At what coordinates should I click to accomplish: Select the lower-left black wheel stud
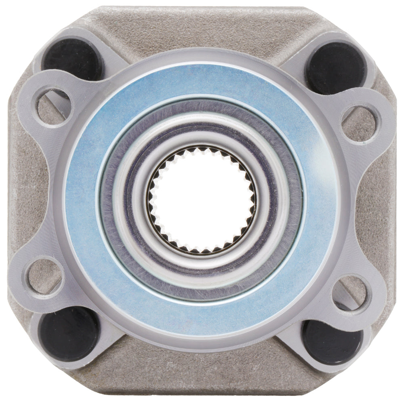pos(69,333)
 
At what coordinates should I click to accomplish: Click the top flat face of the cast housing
pos(202,28)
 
